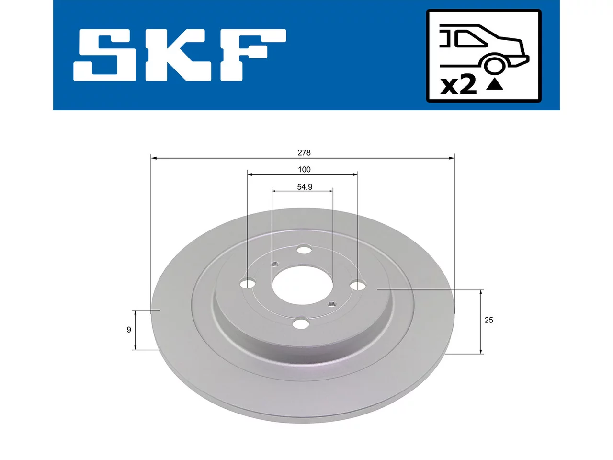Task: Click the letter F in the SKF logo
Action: point(253,55)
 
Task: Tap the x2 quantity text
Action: point(458,85)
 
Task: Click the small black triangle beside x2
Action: point(494,84)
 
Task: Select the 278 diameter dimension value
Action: point(304,153)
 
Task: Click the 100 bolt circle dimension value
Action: point(304,170)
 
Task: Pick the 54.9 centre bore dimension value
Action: point(305,187)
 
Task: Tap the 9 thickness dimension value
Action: point(129,330)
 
